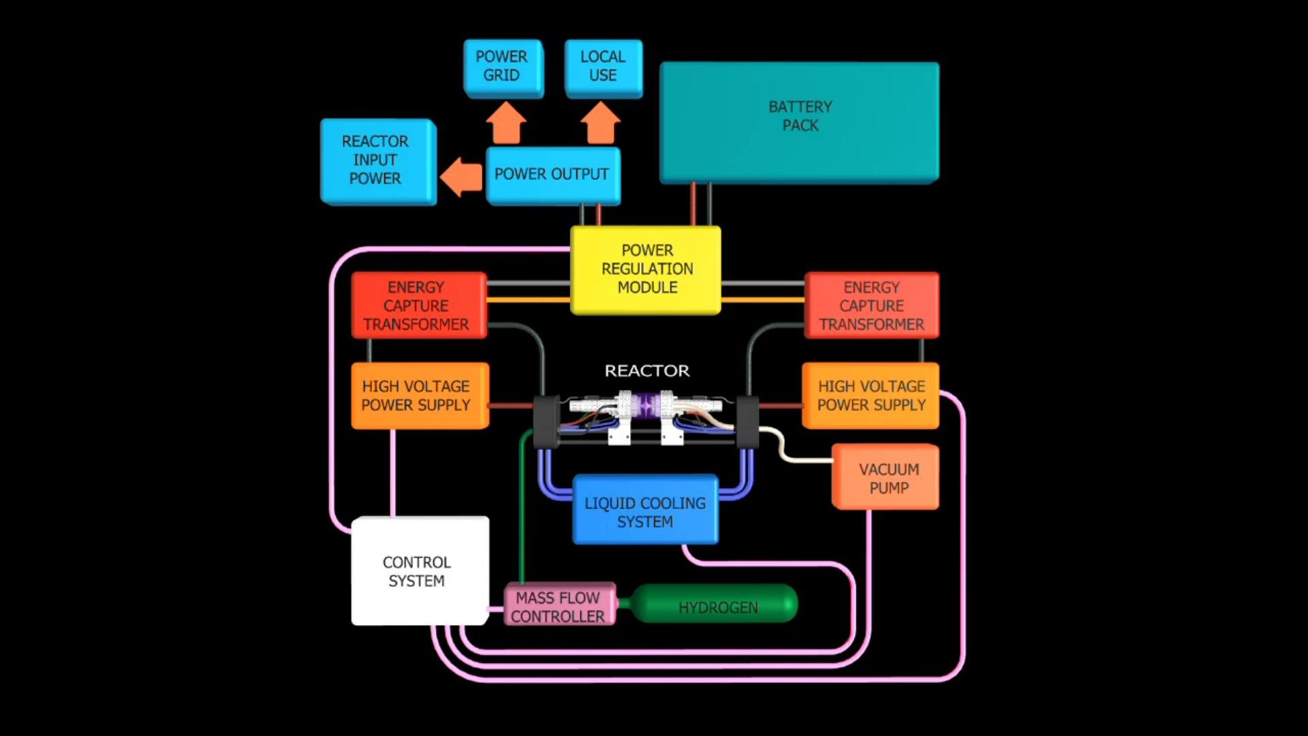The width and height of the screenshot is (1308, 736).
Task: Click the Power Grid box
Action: coord(502,67)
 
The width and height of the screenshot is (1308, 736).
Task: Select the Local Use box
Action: coord(603,67)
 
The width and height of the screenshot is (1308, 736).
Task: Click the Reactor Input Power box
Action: coord(376,160)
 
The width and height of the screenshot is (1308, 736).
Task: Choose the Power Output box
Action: coord(552,174)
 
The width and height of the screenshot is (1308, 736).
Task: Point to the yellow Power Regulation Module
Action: coord(646,269)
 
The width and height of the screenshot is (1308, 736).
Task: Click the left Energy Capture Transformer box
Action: coord(417,305)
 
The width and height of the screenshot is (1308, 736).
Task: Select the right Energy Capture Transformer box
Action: coord(871,305)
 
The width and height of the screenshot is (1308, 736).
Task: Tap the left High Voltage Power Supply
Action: coord(417,395)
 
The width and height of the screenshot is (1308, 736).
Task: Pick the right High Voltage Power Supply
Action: coord(871,395)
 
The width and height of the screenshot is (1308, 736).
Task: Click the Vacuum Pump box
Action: coord(887,478)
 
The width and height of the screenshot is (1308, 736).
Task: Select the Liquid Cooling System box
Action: coord(644,511)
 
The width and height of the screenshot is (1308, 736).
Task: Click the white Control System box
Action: coord(418,571)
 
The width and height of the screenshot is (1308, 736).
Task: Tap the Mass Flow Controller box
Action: coord(559,605)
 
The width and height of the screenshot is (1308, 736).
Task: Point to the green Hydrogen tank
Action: coord(717,605)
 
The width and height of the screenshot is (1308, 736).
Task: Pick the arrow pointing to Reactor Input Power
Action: coord(462,177)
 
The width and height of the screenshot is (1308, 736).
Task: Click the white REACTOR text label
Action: coord(647,371)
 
